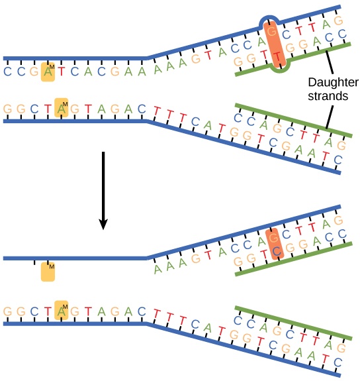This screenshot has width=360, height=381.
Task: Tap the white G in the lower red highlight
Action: (x=271, y=235)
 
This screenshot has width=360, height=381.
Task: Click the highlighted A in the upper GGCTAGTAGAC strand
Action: (x=62, y=109)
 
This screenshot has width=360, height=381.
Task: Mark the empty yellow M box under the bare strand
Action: (x=46, y=271)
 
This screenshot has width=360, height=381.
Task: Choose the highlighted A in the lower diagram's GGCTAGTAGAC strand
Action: (x=62, y=310)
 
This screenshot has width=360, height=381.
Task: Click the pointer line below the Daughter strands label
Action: (x=327, y=119)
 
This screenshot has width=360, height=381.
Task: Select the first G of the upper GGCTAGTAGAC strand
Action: (x=7, y=109)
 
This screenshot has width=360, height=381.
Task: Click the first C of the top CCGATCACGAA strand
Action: (x=7, y=72)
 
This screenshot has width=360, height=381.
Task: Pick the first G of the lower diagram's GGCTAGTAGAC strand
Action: (x=7, y=310)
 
